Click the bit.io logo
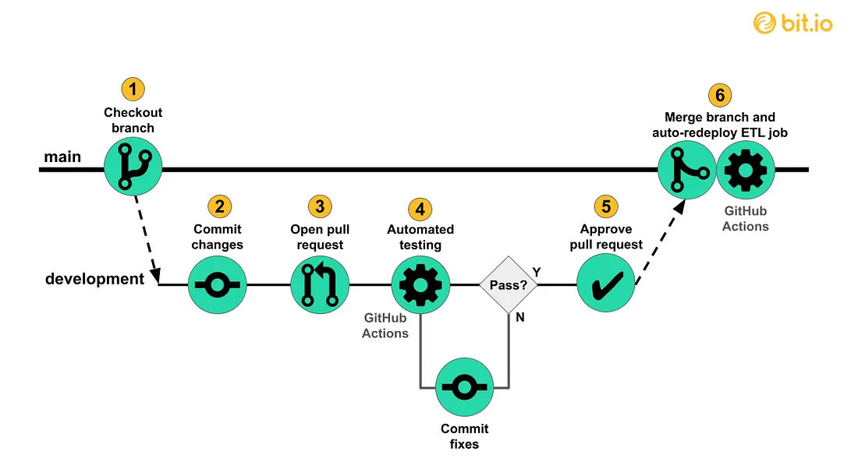click(x=792, y=23)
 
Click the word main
click(x=62, y=157)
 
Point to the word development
click(x=94, y=279)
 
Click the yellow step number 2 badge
click(x=219, y=206)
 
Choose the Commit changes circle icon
click(x=218, y=285)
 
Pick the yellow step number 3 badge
click(x=319, y=206)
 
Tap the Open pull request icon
click(x=319, y=285)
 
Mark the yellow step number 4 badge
click(x=420, y=209)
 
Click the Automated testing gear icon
click(x=420, y=285)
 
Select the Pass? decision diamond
click(x=508, y=285)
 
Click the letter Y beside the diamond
click(x=537, y=272)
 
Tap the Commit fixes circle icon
click(x=464, y=387)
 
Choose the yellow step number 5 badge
click(x=605, y=206)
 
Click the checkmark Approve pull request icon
click(x=605, y=286)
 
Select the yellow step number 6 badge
click(x=720, y=95)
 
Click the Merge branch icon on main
click(x=686, y=169)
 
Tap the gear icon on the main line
click(x=745, y=169)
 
